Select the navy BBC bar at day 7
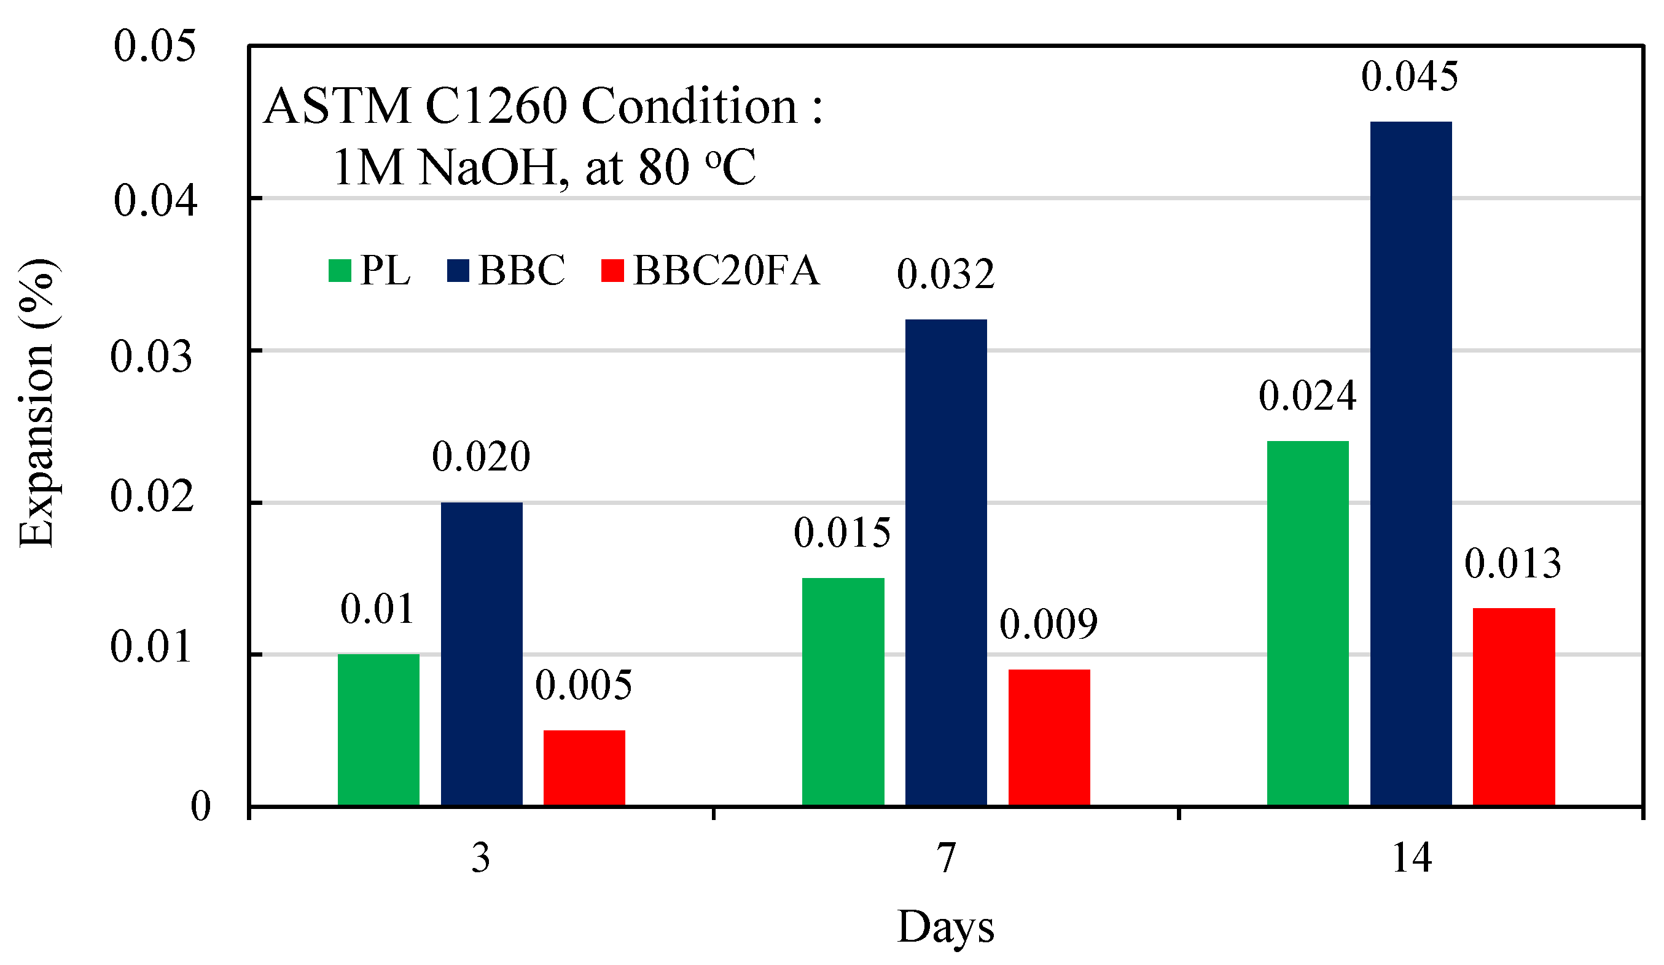pyautogui.click(x=945, y=562)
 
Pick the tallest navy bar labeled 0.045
pyautogui.click(x=1410, y=463)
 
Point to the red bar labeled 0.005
pyautogui.click(x=584, y=767)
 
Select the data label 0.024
pyautogui.click(x=1307, y=396)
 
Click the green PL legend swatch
pyautogui.click(x=340, y=271)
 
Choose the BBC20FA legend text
pyautogui.click(x=726, y=270)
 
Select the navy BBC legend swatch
pyautogui.click(x=458, y=271)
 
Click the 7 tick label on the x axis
pyautogui.click(x=946, y=859)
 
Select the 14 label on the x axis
pyautogui.click(x=1411, y=859)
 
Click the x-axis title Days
pyautogui.click(x=945, y=927)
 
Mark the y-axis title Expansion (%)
pyautogui.click(x=37, y=403)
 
